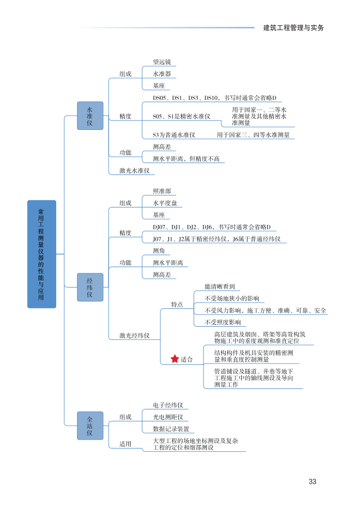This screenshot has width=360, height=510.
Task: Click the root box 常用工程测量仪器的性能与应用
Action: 42,254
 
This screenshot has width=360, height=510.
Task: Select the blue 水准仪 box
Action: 90,115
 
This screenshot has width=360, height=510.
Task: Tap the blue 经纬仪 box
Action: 90,287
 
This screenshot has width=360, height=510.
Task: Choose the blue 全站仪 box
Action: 90,425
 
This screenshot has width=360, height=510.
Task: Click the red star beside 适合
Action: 175,359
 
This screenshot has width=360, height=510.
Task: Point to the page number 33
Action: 312,481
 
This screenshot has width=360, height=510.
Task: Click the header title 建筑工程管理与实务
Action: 293,28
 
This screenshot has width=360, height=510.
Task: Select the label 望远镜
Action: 162,63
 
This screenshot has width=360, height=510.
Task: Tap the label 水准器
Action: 162,74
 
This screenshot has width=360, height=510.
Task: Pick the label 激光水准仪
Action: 135,171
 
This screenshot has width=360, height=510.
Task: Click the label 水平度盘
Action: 165,203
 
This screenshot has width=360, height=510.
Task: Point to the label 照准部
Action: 162,191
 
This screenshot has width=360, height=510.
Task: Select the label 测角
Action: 159,251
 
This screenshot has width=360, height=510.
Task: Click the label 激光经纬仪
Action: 135,335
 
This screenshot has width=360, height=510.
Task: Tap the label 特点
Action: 177,304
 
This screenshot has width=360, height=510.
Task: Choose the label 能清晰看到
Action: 219,287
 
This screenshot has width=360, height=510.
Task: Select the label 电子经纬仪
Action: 168,405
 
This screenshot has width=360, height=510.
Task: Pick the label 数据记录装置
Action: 171,429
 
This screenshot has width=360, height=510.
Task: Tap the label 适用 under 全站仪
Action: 125,444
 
